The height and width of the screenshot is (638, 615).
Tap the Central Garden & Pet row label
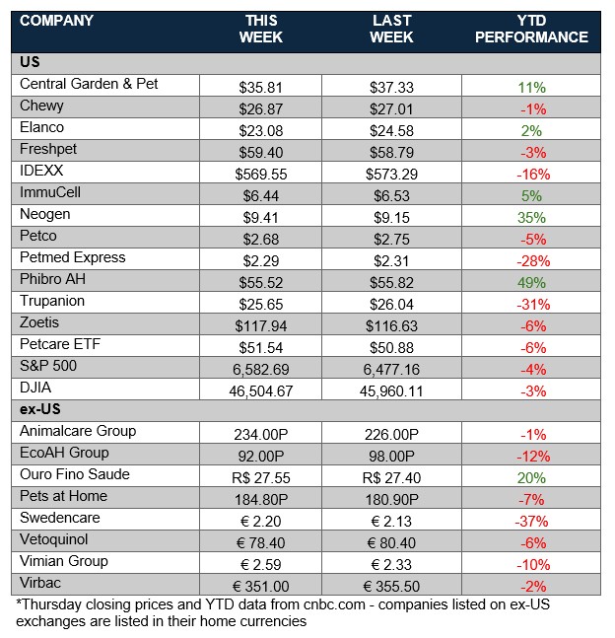pyautogui.click(x=89, y=85)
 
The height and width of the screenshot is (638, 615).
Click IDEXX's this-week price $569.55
pyautogui.click(x=260, y=174)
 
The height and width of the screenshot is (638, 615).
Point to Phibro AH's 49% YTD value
pyautogui.click(x=532, y=282)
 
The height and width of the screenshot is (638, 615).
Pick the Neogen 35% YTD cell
pyautogui.click(x=532, y=217)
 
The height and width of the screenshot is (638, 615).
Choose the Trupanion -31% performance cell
pyautogui.click(x=532, y=304)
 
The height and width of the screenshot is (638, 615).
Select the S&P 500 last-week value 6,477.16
pyautogui.click(x=392, y=369)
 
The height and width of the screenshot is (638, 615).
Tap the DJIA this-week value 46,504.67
pyautogui.click(x=260, y=390)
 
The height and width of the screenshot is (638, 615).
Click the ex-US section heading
pyautogui.click(x=37, y=409)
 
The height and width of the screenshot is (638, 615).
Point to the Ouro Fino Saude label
pyautogui.click(x=74, y=474)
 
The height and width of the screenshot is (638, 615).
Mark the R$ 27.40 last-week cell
pyautogui.click(x=392, y=476)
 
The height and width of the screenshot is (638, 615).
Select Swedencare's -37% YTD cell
pyautogui.click(x=532, y=520)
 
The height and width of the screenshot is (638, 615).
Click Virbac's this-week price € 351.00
pyautogui.click(x=260, y=585)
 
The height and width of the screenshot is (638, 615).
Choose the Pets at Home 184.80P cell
pyautogui.click(x=260, y=498)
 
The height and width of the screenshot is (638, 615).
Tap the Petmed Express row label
pyautogui.click(x=73, y=257)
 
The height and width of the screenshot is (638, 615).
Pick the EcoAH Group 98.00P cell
pyautogui.click(x=392, y=455)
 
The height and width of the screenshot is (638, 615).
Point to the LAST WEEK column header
pyautogui.click(x=392, y=30)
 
